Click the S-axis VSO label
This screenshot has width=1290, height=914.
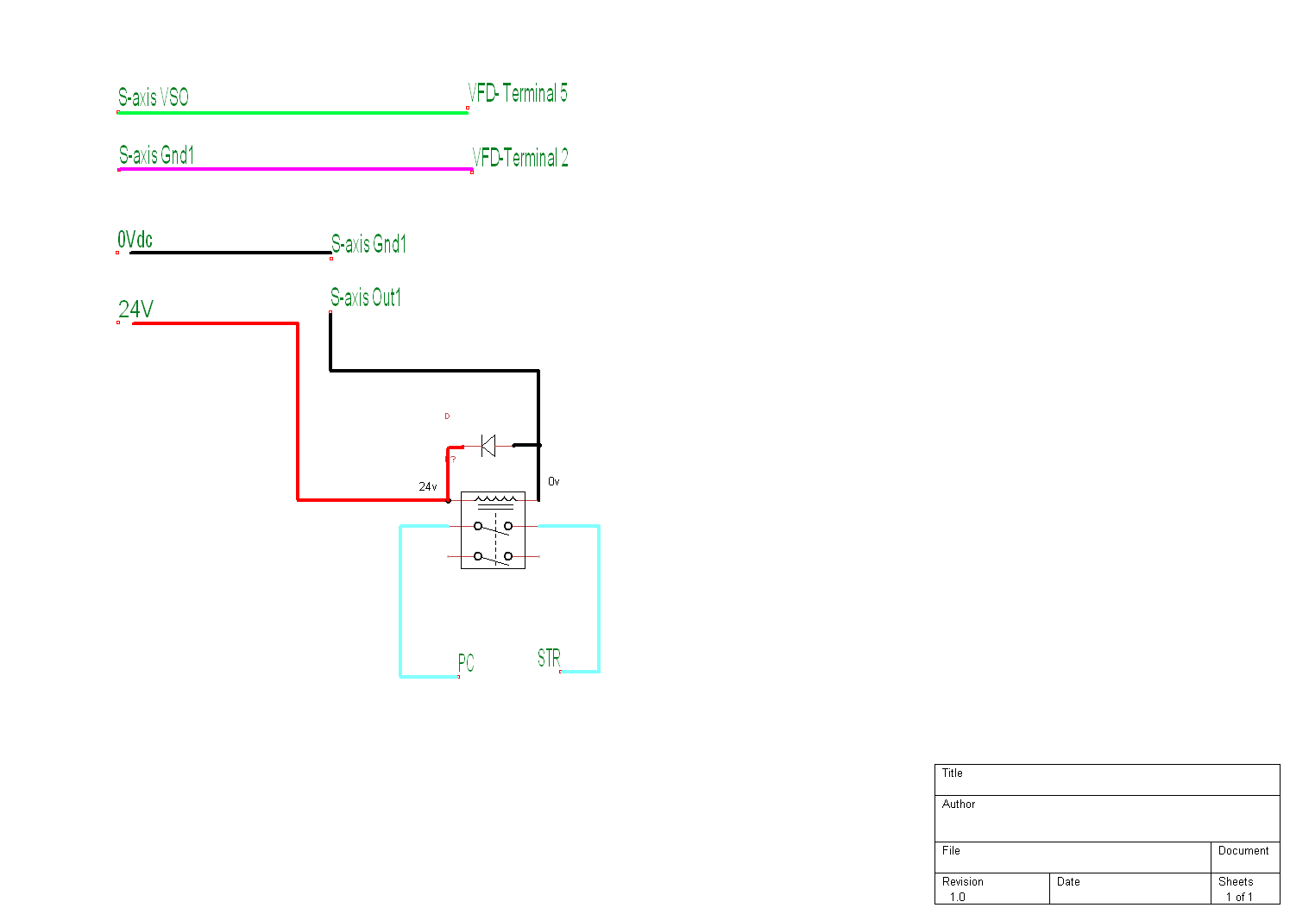154,97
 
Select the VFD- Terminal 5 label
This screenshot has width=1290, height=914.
518,93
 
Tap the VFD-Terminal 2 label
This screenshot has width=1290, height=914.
520,158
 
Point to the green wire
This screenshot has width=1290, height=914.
293,112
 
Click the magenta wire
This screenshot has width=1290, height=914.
293,169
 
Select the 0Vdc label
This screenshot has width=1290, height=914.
135,240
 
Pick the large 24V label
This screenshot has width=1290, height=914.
136,309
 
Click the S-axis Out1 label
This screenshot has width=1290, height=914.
366,297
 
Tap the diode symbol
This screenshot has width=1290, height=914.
488,446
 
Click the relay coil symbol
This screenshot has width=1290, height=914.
495,499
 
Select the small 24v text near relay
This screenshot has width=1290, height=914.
428,487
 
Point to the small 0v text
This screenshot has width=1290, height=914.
554,482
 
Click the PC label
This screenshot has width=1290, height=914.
466,662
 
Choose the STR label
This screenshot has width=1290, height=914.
549,659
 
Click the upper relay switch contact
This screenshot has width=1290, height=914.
493,526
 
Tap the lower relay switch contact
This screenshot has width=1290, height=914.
493,557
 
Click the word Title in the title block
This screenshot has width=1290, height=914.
953,773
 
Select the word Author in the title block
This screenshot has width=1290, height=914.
959,804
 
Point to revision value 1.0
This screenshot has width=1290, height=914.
958,898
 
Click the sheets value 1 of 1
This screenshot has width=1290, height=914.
1239,898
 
